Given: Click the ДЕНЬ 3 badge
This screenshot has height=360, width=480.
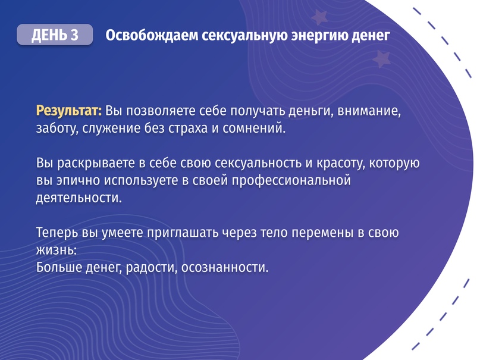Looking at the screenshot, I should coord(55,35).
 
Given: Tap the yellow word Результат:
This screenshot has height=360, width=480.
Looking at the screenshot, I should coord(69,111).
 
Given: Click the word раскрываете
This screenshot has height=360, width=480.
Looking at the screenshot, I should coord(94,162).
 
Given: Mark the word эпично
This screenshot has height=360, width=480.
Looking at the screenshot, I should coord(73,180).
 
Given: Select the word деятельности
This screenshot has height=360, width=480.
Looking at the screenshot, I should coord(79,197).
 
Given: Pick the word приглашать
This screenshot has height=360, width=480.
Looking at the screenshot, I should coord(189,232).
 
